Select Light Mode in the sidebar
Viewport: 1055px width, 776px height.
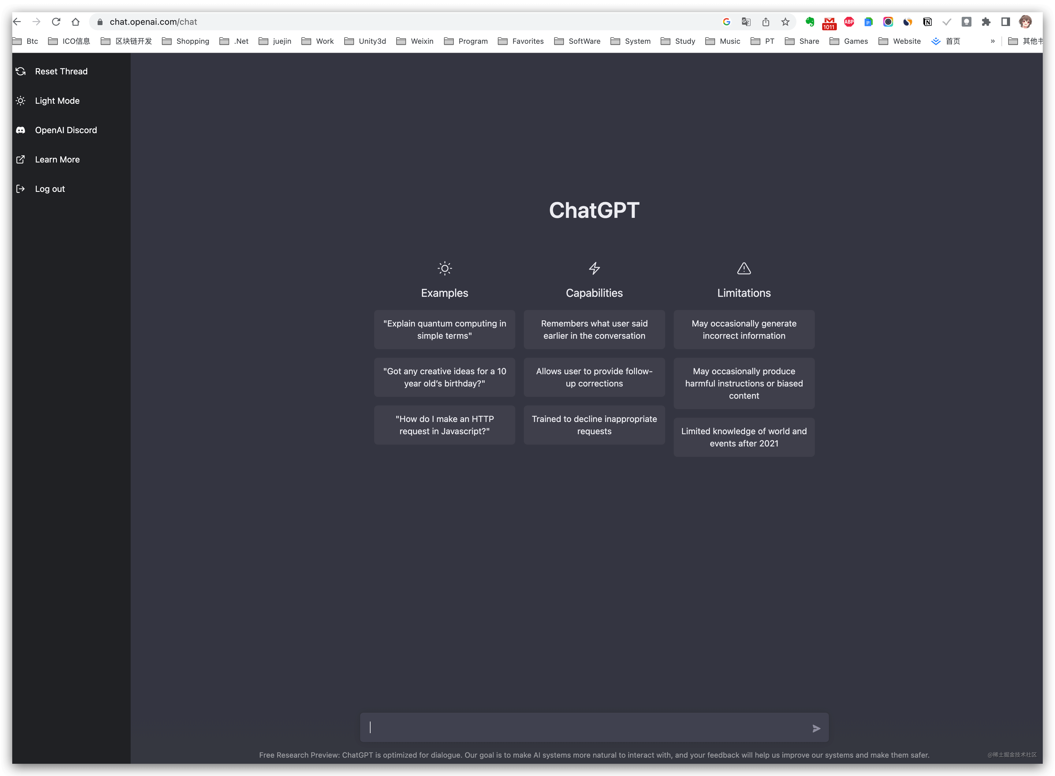pyautogui.click(x=57, y=101)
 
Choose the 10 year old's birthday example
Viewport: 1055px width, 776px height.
pyautogui.click(x=444, y=377)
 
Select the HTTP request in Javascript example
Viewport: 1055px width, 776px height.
pyautogui.click(x=444, y=425)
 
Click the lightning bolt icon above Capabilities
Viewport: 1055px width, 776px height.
pyautogui.click(x=594, y=268)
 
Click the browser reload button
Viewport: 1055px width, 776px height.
pyautogui.click(x=56, y=22)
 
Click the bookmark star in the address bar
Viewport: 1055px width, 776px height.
pyautogui.click(x=785, y=22)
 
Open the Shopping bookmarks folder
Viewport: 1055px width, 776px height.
pyautogui.click(x=186, y=41)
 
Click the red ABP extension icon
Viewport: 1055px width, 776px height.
pyautogui.click(x=849, y=22)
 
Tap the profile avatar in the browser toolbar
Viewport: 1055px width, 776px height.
pyautogui.click(x=1025, y=22)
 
